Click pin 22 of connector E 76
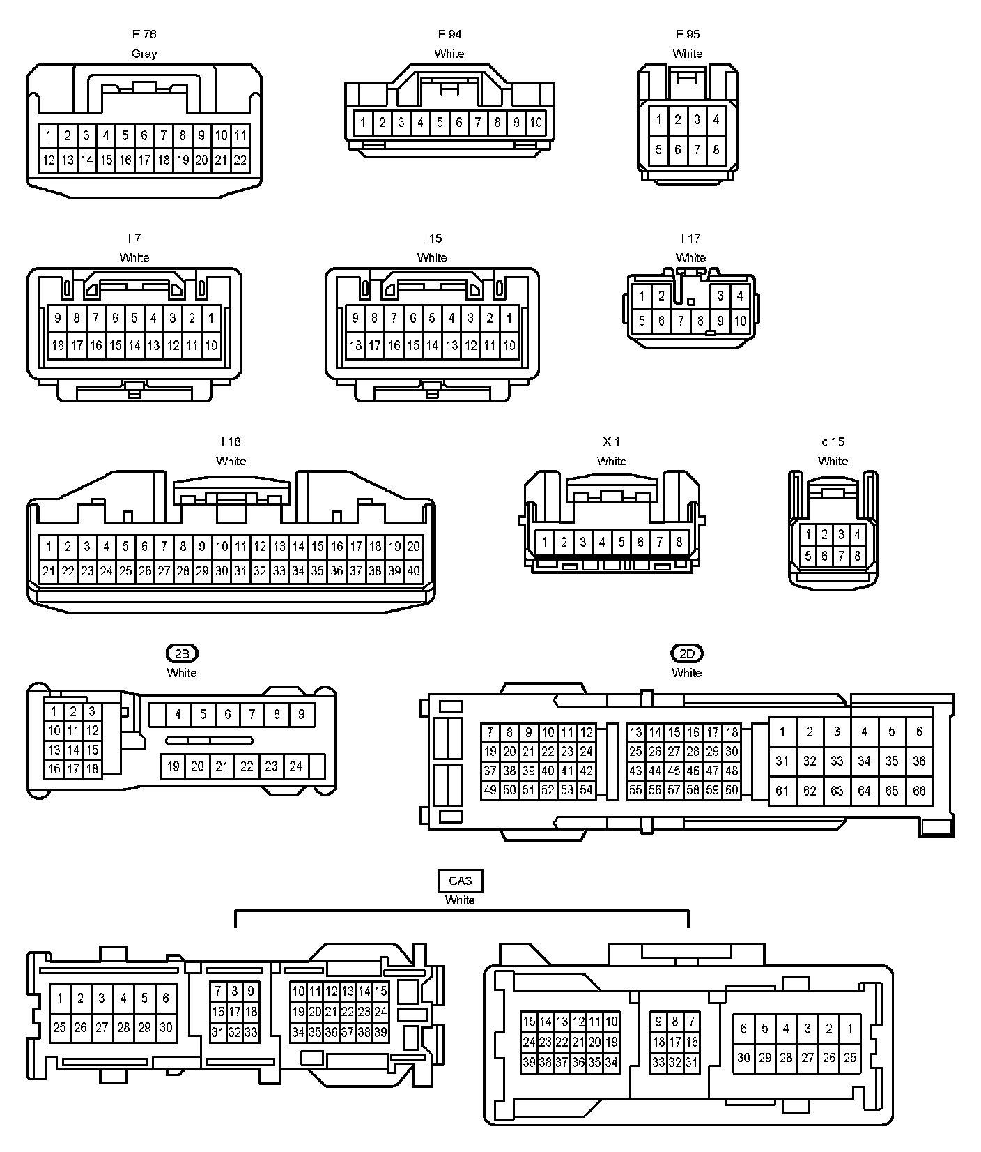[x=240, y=160]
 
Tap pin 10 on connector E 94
[x=535, y=123]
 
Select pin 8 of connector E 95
[x=716, y=149]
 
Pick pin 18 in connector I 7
[x=58, y=344]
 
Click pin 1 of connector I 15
[x=509, y=319]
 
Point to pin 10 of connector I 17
[x=740, y=321]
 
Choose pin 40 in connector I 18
[x=413, y=571]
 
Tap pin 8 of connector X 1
[x=679, y=542]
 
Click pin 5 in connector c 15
[x=808, y=556]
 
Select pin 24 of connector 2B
[x=295, y=766]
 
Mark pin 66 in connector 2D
[x=919, y=791]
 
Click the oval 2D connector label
[x=686, y=653]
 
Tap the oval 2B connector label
[x=182, y=653]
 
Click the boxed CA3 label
[x=460, y=881]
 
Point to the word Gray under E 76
[x=144, y=54]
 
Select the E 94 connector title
[x=449, y=34]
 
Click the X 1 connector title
[x=611, y=441]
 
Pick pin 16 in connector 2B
[x=54, y=769]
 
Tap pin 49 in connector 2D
[x=490, y=790]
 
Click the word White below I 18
[x=231, y=461]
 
